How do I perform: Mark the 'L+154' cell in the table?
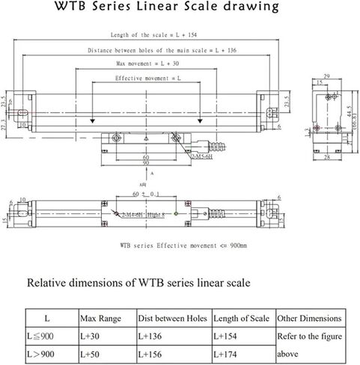[x=228, y=336]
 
